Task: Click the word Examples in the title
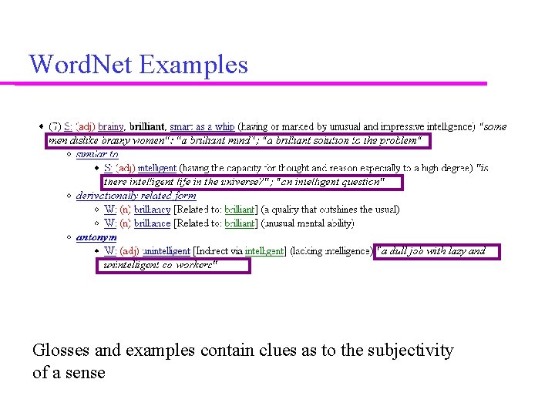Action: point(193,64)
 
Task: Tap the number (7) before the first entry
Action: point(55,126)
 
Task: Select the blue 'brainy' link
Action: point(111,126)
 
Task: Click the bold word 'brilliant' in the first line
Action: point(146,126)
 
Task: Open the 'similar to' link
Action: point(97,154)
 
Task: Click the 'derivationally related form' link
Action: point(136,196)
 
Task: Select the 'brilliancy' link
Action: point(152,210)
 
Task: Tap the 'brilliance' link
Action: point(152,223)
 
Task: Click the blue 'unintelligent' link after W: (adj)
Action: point(166,251)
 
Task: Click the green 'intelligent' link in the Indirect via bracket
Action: point(264,251)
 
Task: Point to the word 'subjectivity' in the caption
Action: point(409,351)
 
